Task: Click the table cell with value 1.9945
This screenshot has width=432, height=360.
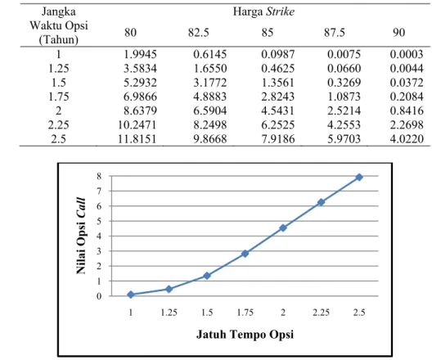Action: (140, 54)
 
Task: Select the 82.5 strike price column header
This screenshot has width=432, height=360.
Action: (198, 33)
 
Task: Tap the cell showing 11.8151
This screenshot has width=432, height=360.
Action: (137, 139)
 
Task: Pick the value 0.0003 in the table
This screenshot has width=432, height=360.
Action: (407, 54)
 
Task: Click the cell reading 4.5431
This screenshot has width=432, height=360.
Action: (277, 110)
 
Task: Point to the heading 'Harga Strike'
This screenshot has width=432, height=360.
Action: (263, 11)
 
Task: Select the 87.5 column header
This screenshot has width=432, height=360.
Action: (334, 33)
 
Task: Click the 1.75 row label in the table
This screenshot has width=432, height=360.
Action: (58, 97)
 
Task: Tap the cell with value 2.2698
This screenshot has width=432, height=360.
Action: (407, 125)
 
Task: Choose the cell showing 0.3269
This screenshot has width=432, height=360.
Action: (344, 83)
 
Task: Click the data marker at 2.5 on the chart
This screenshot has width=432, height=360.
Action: (359, 177)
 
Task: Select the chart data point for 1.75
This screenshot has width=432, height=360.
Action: (245, 254)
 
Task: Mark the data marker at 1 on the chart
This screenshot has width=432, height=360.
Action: (131, 295)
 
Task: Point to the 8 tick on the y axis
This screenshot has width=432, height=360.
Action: (99, 176)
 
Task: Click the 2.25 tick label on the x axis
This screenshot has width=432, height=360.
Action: (321, 313)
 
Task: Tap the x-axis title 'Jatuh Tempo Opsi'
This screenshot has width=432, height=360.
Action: (245, 335)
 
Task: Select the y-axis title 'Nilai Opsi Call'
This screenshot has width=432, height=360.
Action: (81, 236)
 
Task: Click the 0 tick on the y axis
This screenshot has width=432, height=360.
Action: (99, 296)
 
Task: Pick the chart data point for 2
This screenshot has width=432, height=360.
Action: (283, 227)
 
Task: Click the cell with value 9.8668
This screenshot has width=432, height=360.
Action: (210, 139)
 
